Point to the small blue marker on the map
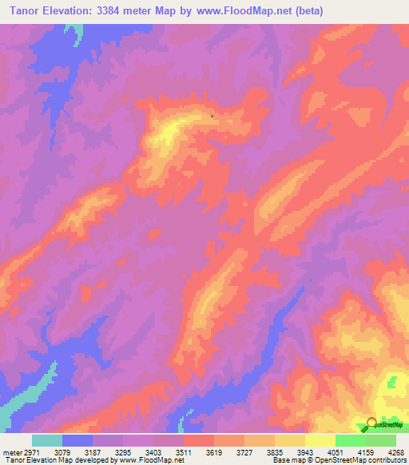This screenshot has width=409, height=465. coord(211,117)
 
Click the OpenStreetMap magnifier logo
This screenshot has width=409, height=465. coord(371,423)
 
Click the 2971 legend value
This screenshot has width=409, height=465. coord(31,452)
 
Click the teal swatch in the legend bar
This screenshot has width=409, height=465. coord(47,440)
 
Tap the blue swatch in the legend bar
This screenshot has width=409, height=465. coord(77,440)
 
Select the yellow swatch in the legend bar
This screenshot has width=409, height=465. coord(320,440)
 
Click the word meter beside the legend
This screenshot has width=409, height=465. coord(10,452)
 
